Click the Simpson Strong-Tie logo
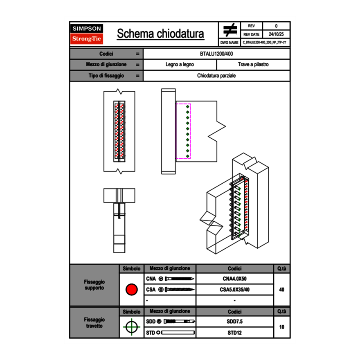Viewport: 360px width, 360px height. tap(87, 34)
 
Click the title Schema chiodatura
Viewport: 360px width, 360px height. tap(160, 34)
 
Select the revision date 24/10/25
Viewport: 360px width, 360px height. tap(276, 34)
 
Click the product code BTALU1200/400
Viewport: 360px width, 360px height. tap(216, 54)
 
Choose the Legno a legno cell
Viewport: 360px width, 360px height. tap(180, 65)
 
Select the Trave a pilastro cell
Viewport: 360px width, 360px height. tap(253, 65)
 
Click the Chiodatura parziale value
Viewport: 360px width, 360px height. tap(216, 76)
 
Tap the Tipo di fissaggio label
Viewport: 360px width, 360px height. tap(106, 76)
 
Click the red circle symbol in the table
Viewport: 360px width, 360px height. tap(131, 290)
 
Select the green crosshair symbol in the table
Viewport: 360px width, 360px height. tap(131, 327)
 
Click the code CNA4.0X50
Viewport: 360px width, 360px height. tap(234, 279)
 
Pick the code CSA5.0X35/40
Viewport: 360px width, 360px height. tap(234, 290)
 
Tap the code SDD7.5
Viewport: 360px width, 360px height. tap(234, 322)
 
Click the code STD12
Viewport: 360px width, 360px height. tap(234, 333)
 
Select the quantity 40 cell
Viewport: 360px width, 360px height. tap(281, 290)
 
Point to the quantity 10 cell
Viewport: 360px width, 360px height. tap(281, 327)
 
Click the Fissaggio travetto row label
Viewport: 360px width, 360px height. tap(94, 322)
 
